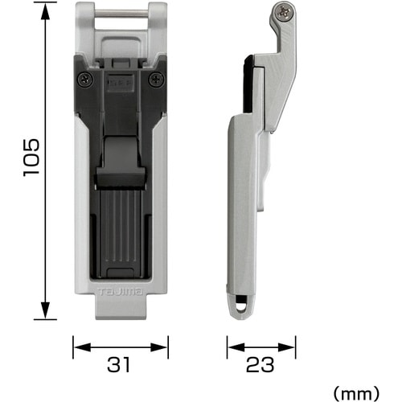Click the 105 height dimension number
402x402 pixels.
coord(31,158)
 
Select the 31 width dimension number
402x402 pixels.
coord(118,364)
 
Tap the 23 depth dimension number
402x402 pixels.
coord(260,364)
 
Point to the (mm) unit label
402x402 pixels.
coord(356,394)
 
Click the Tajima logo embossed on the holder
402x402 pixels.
coord(121,292)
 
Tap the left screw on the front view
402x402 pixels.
coord(85,80)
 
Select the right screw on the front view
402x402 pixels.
coord(157,80)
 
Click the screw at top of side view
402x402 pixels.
coord(284,12)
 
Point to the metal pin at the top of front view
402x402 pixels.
coord(121,13)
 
